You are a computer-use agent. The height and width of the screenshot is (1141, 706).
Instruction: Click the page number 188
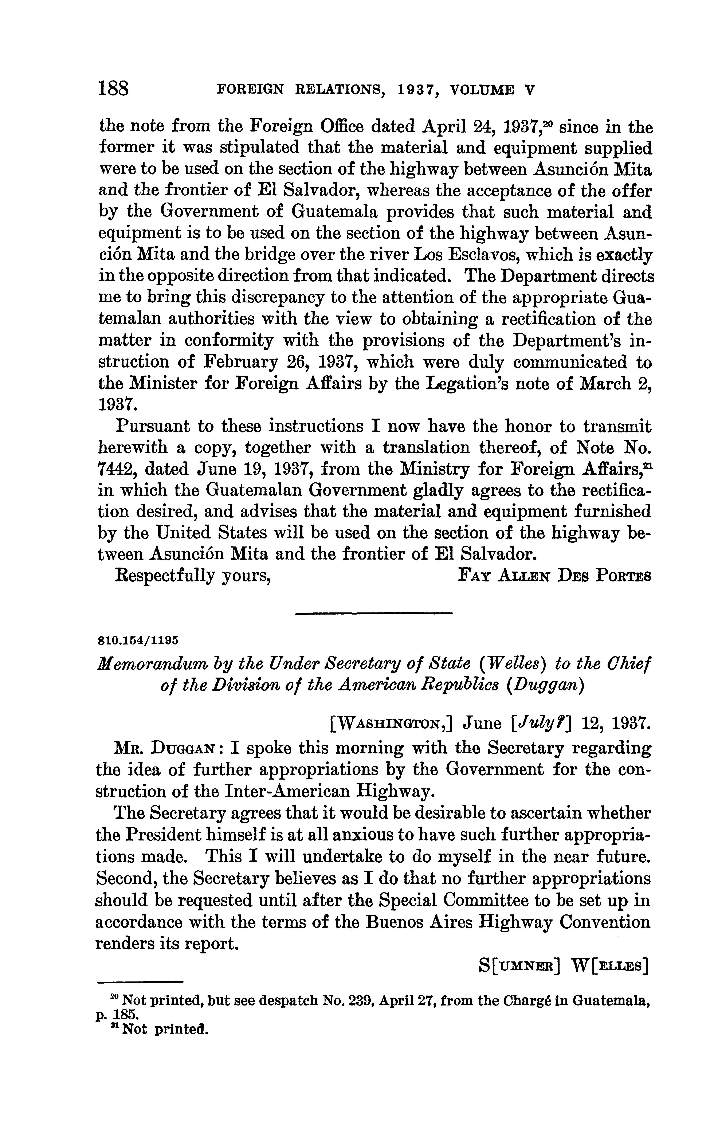point(113,88)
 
